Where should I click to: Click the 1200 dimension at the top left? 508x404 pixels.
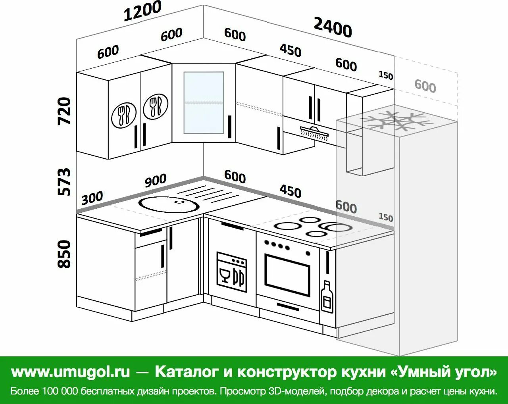coord(142,11)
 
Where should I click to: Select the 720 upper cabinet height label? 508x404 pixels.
coord(64,111)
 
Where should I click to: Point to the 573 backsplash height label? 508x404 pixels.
coord(64,182)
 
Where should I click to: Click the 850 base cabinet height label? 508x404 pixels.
coord(64,254)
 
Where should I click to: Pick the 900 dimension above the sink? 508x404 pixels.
coord(155,181)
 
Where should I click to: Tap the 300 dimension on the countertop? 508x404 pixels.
coord(92,197)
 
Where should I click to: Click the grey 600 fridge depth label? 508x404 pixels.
coord(425,85)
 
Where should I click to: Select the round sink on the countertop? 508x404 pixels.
coord(168,204)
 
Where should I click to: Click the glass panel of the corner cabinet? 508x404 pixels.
coord(204,102)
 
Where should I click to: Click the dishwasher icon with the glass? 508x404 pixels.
coord(231,272)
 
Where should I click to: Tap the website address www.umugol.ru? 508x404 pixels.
coord(70,372)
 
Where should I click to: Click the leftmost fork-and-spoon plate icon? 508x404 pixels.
coord(124,115)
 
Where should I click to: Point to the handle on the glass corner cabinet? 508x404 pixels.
coord(229,127)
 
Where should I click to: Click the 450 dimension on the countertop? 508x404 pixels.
coord(290,191)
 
